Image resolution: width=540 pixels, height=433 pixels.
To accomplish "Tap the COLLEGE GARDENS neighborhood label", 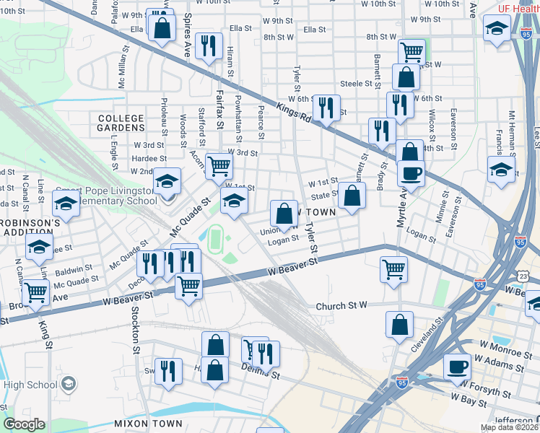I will click(x=121, y=123).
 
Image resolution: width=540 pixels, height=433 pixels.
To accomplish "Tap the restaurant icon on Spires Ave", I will click(x=209, y=45).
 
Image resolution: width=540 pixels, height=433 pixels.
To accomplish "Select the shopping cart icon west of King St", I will click(x=35, y=292).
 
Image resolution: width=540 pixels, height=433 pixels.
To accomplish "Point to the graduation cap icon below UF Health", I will click(x=497, y=28).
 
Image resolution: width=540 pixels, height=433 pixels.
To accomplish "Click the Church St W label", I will click(x=342, y=306).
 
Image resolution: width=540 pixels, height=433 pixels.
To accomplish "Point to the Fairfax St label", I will click(x=221, y=102).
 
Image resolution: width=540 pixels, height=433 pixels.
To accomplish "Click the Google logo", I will click(x=25, y=424).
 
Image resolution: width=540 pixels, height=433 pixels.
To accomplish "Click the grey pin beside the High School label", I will click(x=69, y=383).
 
